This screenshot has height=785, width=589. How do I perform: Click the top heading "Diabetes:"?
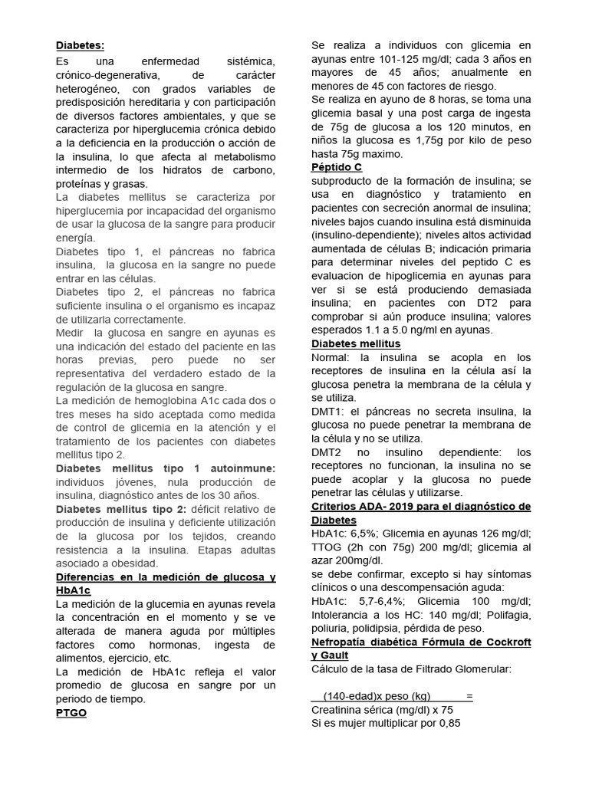(x=81, y=45)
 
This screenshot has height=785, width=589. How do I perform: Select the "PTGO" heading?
(x=71, y=712)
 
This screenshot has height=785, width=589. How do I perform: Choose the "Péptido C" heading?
(x=337, y=166)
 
